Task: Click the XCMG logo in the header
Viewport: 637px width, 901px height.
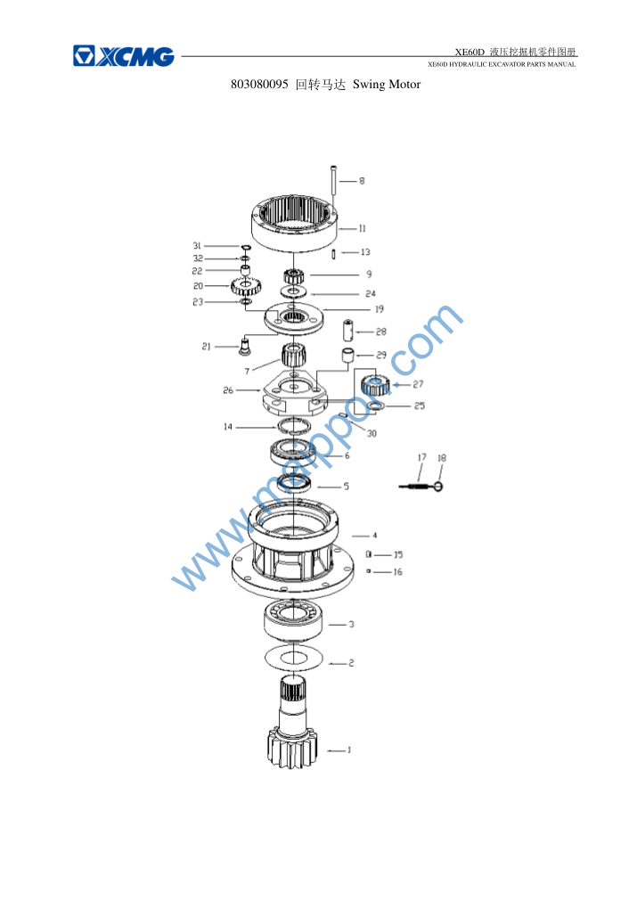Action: click(x=124, y=56)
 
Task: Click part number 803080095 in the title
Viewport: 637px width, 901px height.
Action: click(x=259, y=85)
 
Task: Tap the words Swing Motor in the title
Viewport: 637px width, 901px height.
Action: click(x=387, y=85)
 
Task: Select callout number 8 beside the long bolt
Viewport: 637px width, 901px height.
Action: click(x=362, y=181)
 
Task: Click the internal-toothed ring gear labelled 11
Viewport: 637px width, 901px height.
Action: click(x=293, y=223)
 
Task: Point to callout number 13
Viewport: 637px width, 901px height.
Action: click(x=365, y=252)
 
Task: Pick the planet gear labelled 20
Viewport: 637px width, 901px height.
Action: click(x=247, y=285)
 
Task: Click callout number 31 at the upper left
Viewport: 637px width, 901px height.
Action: click(x=197, y=246)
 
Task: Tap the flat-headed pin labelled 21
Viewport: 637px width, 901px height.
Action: click(x=245, y=346)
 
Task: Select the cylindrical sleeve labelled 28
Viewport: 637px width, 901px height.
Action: click(x=348, y=330)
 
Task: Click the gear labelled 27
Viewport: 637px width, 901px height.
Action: click(x=376, y=384)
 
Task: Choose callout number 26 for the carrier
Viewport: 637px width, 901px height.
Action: click(x=228, y=390)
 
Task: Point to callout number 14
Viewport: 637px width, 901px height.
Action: click(x=228, y=427)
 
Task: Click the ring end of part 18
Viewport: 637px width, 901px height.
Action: click(x=438, y=487)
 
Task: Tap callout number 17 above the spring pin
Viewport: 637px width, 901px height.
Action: click(x=422, y=457)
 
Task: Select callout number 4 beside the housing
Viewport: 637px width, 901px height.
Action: click(x=374, y=536)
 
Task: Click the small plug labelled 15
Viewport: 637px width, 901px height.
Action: click(x=369, y=554)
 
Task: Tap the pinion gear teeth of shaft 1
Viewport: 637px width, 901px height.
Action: click(x=292, y=748)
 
